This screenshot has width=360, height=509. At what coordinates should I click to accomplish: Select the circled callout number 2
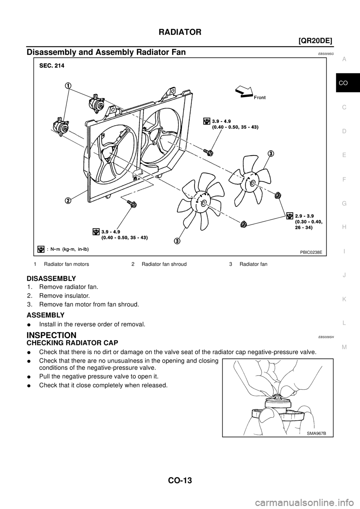(x=68, y=200)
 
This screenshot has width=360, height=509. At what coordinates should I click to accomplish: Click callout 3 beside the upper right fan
(x=270, y=153)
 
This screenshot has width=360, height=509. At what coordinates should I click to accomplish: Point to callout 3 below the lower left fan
(x=177, y=240)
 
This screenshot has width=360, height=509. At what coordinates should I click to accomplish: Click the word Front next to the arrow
(x=259, y=97)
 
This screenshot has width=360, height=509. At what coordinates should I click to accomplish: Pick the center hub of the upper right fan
(x=252, y=183)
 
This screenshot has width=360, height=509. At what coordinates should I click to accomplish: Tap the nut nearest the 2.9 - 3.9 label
(x=278, y=195)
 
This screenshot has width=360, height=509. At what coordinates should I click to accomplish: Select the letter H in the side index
(x=344, y=227)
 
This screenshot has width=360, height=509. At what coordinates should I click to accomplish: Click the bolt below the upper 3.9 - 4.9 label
(x=208, y=152)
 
